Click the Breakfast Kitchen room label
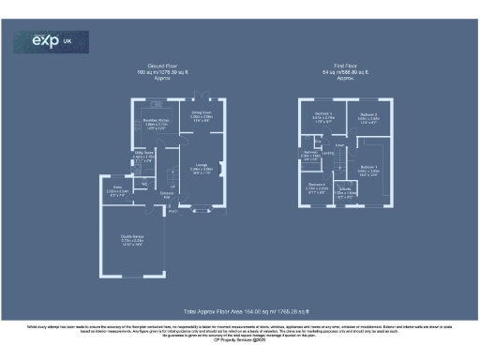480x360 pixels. (155, 122)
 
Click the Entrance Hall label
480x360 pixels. (166, 195)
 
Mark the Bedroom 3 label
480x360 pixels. (322, 116)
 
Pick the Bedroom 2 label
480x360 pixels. (368, 116)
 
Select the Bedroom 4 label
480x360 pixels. (317, 187)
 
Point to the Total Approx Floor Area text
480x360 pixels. (246, 310)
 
